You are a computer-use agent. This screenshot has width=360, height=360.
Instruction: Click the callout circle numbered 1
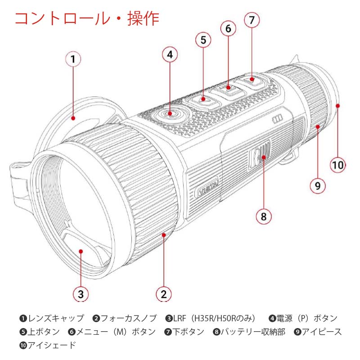73,59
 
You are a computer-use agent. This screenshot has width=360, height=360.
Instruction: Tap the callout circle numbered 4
170,55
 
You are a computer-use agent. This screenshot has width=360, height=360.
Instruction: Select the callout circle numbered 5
203,40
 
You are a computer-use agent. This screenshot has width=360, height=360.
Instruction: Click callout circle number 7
252,20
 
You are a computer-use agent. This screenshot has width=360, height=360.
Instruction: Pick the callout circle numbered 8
264,216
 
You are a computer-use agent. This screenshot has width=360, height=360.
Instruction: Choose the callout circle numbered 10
338,164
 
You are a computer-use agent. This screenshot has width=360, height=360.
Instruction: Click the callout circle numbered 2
164,294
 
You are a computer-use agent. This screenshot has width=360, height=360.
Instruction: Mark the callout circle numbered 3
81,294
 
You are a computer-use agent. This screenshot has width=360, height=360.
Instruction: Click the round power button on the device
170,114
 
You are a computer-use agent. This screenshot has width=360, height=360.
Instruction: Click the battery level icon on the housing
277,118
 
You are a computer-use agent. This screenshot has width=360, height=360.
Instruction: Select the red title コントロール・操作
87,18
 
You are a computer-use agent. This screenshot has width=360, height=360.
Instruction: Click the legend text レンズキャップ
56,319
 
